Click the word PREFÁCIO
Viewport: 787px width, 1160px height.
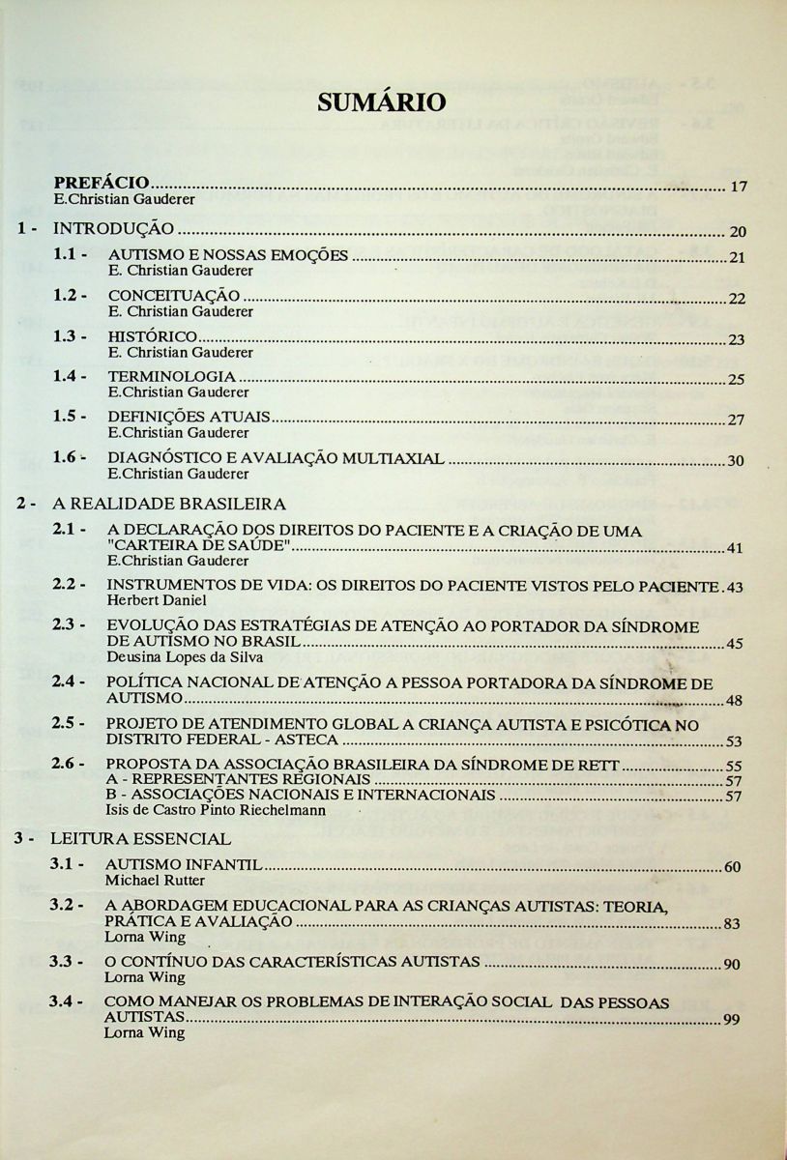coord(102,182)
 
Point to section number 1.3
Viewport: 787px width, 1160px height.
coord(70,336)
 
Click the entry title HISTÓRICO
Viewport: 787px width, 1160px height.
coord(153,337)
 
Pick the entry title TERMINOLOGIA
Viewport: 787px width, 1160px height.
coord(171,377)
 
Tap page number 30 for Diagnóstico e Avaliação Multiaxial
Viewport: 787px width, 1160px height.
coord(735,461)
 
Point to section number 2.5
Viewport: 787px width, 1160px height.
coord(70,723)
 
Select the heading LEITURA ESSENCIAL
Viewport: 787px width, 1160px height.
coord(141,838)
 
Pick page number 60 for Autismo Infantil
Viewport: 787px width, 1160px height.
coord(732,867)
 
